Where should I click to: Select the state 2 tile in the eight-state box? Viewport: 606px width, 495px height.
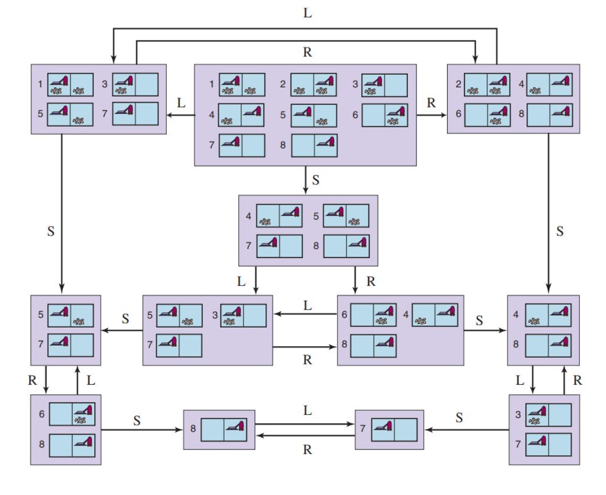314,85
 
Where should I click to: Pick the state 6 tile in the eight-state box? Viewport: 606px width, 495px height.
385,115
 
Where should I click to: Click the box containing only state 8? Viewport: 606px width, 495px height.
219,430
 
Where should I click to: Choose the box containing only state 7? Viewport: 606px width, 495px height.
389,430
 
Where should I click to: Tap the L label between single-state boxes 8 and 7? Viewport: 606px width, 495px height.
307,411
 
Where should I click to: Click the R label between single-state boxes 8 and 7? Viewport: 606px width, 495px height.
307,450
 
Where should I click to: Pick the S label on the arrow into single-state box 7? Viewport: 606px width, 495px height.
459,418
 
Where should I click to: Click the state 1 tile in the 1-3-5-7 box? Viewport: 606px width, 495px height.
70,84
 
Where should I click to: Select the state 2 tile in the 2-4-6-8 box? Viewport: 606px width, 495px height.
487,85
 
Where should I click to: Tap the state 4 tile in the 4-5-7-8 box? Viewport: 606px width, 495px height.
279,216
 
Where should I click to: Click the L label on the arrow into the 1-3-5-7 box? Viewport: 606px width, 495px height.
182,103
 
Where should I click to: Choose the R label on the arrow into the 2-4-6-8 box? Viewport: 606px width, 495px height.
431,103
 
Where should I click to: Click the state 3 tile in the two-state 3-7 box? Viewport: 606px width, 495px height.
548,416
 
